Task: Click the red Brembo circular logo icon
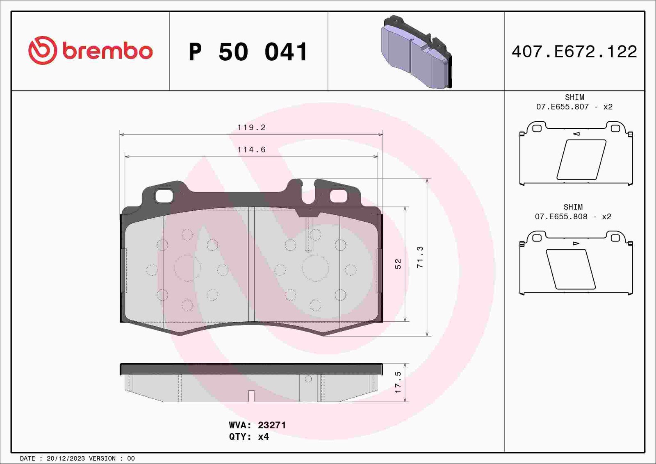coord(42,50)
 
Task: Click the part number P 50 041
coord(248,52)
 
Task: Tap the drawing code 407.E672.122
coord(574,52)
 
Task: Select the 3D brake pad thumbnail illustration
coord(417,52)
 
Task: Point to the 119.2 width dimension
coord(251,127)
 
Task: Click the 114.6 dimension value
coord(251,150)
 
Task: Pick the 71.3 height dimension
coord(420,257)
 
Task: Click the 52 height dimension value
coord(398,264)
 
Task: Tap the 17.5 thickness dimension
coord(398,382)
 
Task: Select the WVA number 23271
coord(272,425)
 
